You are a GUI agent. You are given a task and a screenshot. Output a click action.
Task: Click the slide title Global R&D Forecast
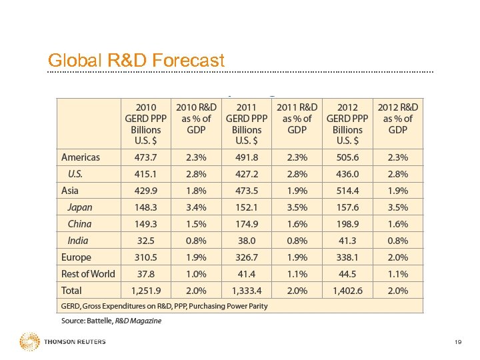[136, 61]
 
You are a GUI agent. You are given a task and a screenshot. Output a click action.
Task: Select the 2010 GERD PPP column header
[146, 123]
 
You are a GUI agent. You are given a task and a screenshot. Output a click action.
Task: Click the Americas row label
[81, 157]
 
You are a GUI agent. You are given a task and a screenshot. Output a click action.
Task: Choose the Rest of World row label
[88, 274]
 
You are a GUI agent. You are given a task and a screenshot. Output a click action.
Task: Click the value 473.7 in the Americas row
[146, 157]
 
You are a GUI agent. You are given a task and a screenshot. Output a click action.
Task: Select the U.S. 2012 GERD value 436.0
[347, 174]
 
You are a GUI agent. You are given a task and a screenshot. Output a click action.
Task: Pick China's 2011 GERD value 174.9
[247, 224]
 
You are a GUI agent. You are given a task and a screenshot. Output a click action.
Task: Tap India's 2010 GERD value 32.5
[146, 241]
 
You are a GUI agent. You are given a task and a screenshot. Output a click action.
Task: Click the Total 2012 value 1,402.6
[347, 291]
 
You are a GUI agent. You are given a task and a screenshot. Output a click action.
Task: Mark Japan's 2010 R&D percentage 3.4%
[196, 207]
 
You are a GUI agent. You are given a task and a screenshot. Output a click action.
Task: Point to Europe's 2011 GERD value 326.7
[247, 257]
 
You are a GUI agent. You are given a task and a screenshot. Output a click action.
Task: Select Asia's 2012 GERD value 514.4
[347, 191]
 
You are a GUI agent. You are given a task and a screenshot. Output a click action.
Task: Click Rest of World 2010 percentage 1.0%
[196, 274]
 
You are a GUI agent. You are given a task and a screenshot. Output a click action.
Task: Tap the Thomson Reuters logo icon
[29, 342]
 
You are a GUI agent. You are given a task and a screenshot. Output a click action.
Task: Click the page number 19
[457, 342]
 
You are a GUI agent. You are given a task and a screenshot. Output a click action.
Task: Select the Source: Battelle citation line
[111, 321]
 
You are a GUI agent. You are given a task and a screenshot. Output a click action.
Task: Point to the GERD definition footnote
[164, 306]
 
